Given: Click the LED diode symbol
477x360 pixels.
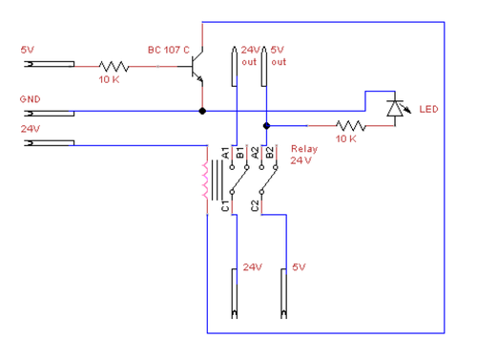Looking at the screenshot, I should click(394, 108).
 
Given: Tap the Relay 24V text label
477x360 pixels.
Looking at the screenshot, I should click(304, 155).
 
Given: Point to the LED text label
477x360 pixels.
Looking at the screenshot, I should click(428, 109).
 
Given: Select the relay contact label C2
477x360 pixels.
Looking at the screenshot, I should click(254, 204).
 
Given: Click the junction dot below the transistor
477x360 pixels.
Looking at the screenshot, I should click(201, 112).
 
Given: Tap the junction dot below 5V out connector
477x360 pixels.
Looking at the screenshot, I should click(265, 125).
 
